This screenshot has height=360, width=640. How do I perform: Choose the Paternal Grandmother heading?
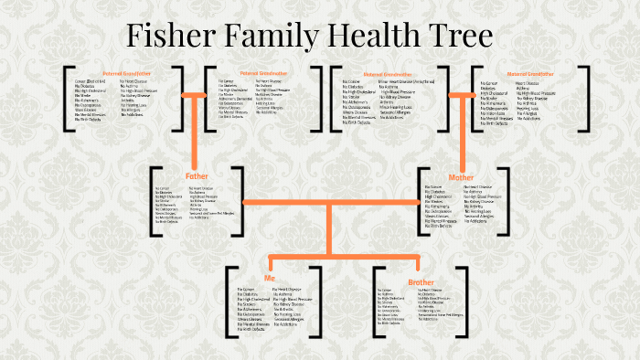(261, 71)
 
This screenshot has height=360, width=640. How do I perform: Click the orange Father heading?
(197, 175)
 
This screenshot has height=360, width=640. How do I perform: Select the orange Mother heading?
(463, 176)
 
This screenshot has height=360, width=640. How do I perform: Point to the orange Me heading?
(270, 276)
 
